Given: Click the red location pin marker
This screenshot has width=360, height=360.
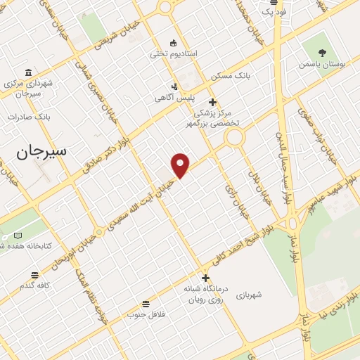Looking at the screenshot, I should pos(181,165).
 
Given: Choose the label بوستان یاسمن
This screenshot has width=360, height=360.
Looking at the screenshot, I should pos(322,64).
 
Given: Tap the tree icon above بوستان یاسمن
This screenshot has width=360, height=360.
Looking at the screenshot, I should pos(322,52).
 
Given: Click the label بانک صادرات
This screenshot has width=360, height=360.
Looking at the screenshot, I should pos(27,117).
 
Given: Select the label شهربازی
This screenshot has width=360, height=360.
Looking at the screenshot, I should pos(249,295).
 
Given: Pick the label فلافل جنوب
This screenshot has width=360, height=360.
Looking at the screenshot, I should pos(145,314).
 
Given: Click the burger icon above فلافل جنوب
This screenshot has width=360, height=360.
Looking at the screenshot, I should pos(145,304).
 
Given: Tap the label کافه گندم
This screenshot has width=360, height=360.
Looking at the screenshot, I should pos(34,285).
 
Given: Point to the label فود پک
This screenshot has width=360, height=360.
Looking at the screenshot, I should pos(271,11).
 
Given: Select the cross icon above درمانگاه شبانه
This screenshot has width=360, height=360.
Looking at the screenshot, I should pos(205,278).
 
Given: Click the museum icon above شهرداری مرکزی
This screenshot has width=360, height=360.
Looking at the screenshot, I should pos(27,72).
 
